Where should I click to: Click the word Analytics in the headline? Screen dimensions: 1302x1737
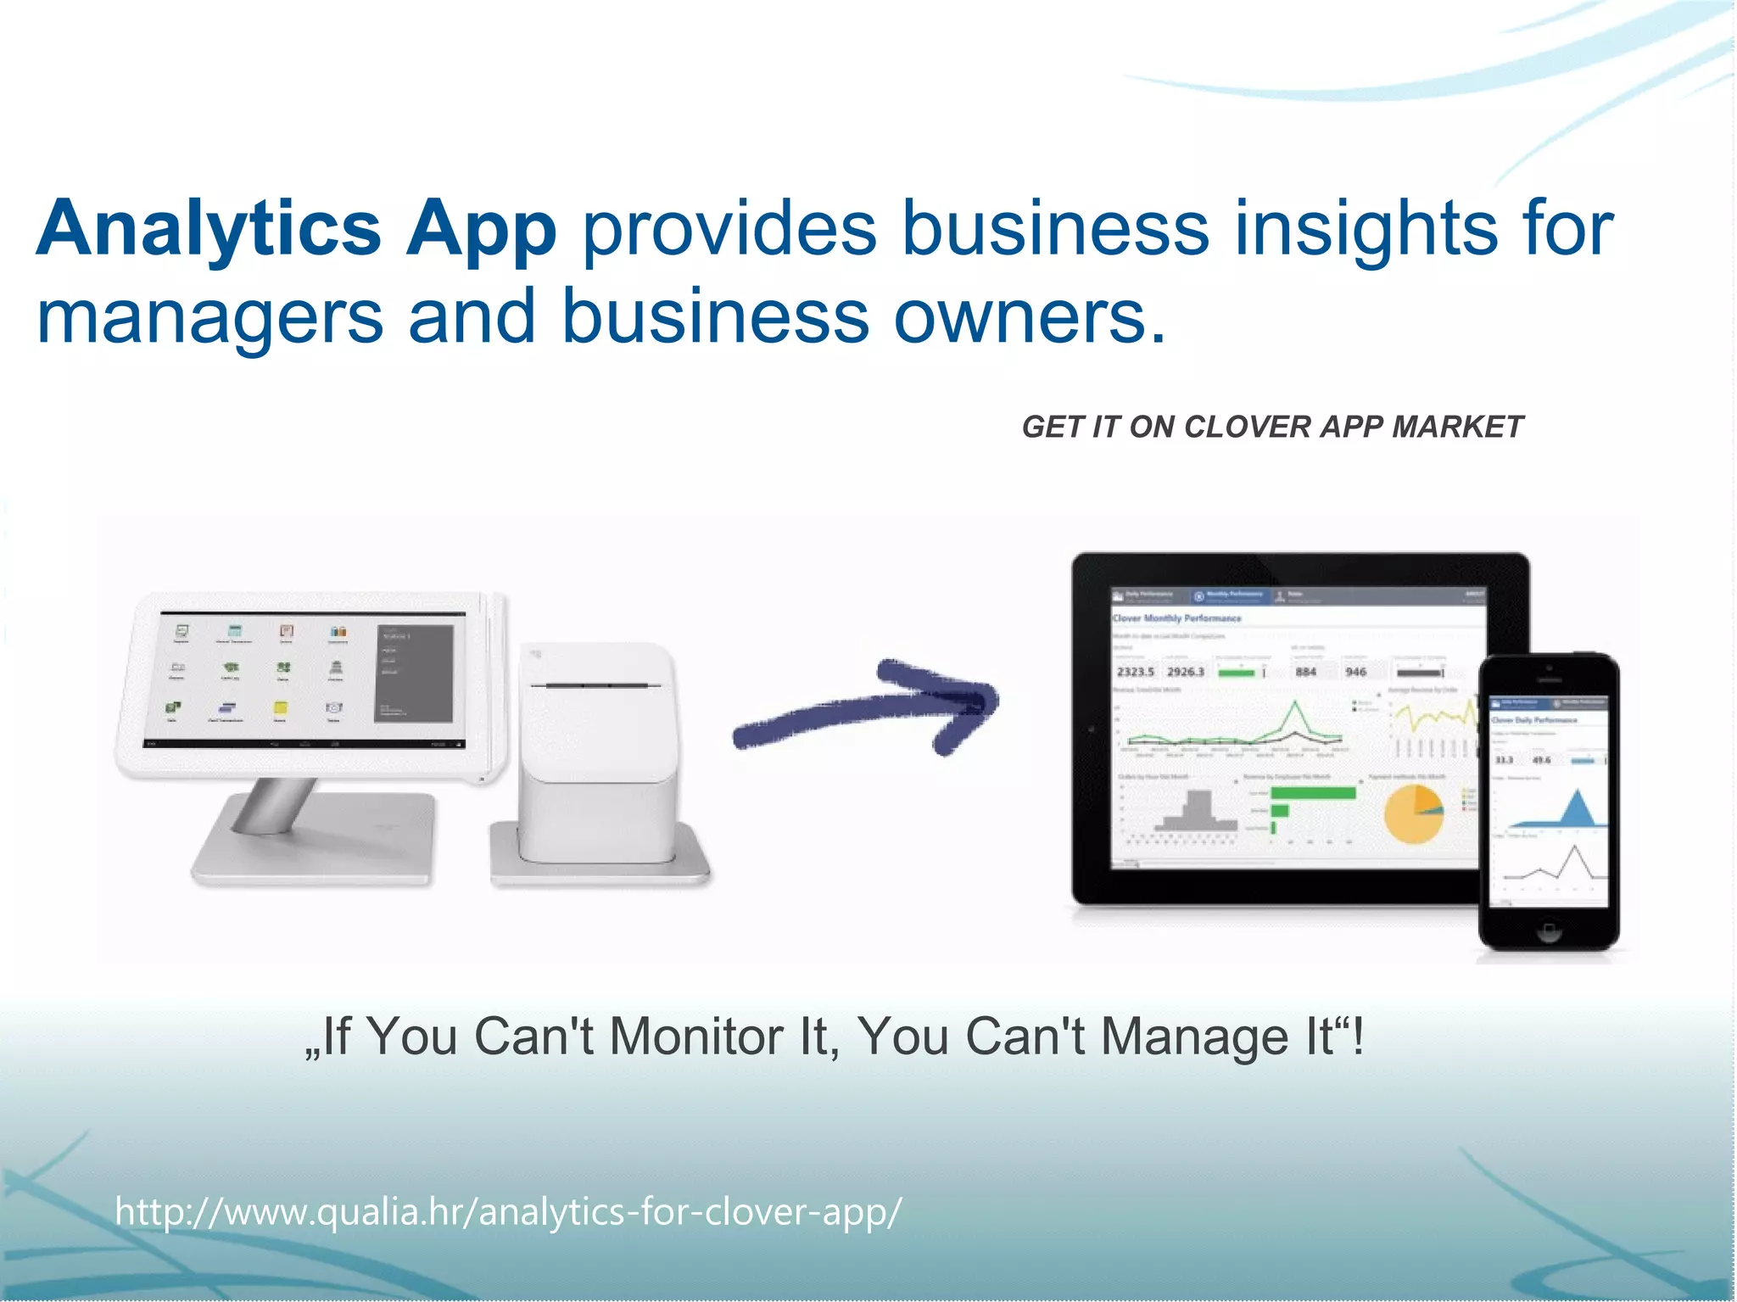pos(209,228)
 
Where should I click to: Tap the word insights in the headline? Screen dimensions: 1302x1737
pos(1366,228)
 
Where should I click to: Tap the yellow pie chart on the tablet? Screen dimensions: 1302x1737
pos(1413,813)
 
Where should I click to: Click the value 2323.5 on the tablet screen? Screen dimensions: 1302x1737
pos(1135,672)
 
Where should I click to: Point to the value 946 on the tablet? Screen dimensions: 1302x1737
pos(1355,672)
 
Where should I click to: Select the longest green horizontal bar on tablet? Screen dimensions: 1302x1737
pos(1312,793)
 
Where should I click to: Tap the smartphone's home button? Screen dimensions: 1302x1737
pos(1549,932)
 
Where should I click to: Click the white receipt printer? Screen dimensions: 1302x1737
pos(600,755)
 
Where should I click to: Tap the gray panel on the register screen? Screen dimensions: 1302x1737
pos(414,673)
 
